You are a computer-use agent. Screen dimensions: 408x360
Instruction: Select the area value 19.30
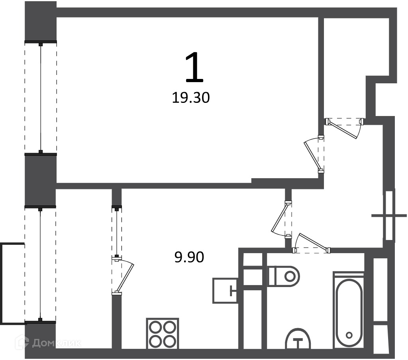(x=191, y=98)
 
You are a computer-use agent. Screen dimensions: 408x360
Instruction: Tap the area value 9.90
(x=189, y=257)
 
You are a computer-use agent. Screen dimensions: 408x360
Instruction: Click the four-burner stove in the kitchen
(x=163, y=333)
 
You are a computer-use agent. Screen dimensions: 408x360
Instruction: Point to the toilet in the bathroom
(x=284, y=276)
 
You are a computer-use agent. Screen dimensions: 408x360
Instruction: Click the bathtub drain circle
(x=349, y=335)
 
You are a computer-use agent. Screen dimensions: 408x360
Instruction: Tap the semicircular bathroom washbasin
(x=298, y=338)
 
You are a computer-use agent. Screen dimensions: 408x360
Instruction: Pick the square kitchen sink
(x=225, y=291)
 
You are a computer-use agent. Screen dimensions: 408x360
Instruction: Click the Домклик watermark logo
(x=48, y=343)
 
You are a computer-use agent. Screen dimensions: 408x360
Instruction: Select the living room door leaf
(x=312, y=155)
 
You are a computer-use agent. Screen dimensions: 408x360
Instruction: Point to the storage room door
(x=342, y=129)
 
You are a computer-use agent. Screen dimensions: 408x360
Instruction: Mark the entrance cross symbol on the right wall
(x=389, y=215)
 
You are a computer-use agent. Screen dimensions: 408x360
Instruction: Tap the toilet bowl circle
(x=289, y=276)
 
